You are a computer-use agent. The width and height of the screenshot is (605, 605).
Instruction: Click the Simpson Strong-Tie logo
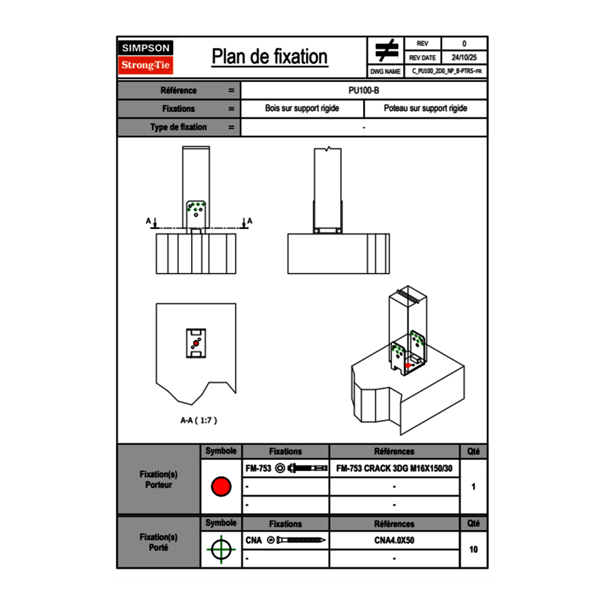146,57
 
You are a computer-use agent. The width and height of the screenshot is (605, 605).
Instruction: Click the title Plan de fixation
269,56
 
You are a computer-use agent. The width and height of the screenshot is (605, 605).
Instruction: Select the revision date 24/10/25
464,58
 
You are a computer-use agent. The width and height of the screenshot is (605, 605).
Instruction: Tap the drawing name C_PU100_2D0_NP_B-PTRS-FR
446,71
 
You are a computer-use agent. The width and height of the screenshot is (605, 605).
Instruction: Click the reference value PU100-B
364,90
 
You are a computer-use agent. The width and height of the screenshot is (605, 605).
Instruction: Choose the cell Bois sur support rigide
302,109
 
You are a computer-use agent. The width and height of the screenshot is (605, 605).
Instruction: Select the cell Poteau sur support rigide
425,109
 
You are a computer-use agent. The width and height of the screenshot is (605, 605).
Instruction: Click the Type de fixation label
178,127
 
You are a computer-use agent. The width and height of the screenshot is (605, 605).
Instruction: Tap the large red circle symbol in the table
221,487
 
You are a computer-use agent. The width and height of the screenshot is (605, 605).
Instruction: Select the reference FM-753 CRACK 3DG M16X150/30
394,469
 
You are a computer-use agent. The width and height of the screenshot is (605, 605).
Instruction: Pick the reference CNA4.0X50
394,540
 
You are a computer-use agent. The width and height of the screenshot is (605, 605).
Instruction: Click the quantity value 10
473,549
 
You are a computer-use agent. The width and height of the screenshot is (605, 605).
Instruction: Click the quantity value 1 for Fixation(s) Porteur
473,487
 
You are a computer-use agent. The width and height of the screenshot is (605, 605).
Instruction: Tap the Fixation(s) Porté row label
159,542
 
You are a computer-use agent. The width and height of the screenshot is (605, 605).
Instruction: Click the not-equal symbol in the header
386,51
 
